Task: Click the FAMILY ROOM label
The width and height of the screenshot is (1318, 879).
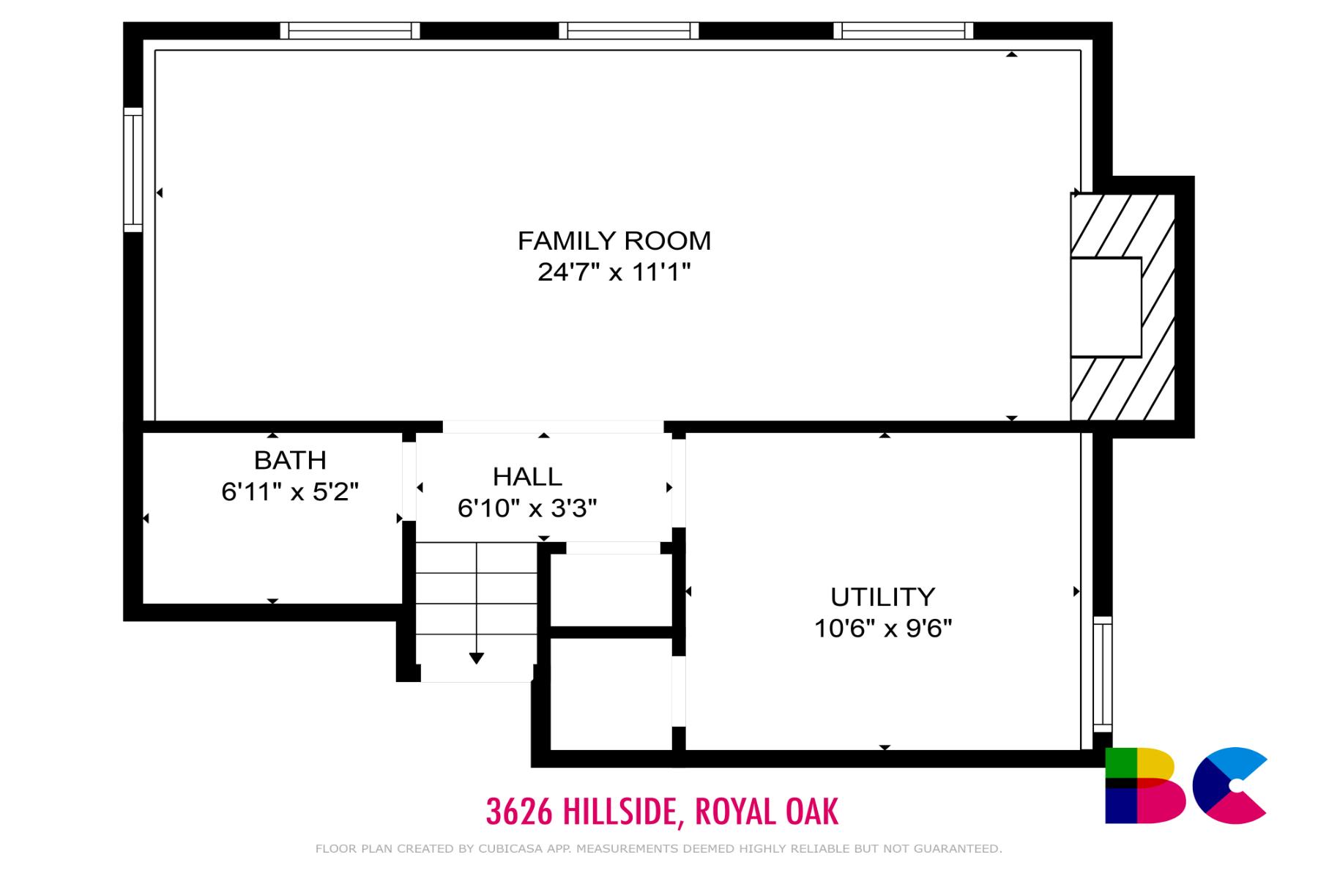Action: tap(614, 240)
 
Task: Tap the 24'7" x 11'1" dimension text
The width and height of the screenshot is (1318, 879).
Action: tap(614, 272)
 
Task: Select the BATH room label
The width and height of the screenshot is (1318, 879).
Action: tap(290, 460)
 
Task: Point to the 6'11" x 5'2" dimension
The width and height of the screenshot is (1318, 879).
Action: tap(290, 492)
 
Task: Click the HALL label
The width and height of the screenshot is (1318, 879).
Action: tap(527, 477)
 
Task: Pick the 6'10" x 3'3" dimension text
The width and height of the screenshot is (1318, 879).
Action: tap(527, 508)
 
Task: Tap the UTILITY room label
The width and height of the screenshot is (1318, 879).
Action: tap(882, 597)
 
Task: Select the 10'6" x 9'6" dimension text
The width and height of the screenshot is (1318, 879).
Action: tap(882, 628)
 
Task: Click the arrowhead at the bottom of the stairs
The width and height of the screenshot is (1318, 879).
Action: tap(477, 658)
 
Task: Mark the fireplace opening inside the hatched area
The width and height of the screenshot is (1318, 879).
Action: tap(1106, 307)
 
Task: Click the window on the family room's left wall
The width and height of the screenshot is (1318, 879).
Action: tap(133, 169)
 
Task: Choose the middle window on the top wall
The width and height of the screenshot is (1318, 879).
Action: tap(629, 31)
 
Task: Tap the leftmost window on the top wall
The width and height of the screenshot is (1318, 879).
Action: tap(350, 31)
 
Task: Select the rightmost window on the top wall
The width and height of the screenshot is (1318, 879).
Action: tap(903, 31)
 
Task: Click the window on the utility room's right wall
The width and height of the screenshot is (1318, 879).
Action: tap(1102, 674)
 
